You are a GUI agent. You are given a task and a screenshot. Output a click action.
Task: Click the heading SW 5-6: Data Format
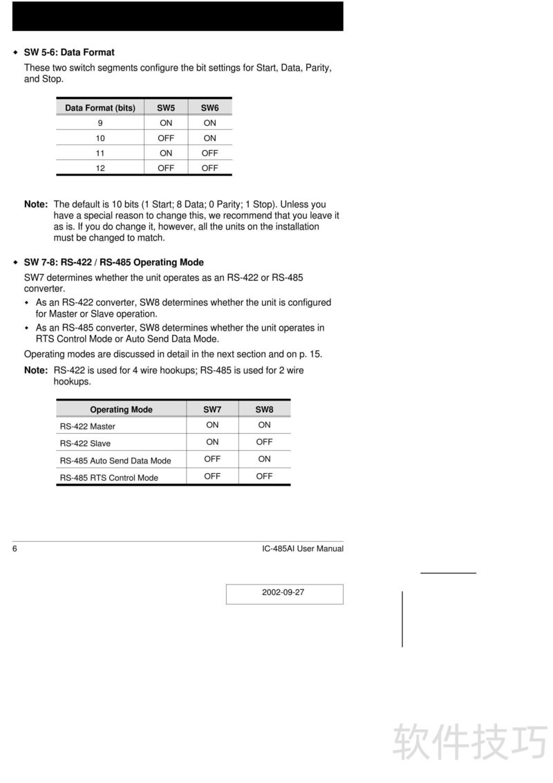pos(69,53)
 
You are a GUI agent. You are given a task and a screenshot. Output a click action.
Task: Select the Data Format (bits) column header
pos(100,108)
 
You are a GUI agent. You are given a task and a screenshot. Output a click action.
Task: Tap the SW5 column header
pos(166,108)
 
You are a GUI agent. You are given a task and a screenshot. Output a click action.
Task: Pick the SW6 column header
pos(210,108)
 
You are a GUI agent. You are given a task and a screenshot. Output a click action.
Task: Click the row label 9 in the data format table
pos(100,123)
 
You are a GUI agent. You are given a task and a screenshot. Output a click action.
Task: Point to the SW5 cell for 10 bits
pos(166,138)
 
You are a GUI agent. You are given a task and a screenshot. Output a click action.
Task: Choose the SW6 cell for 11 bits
pos(210,153)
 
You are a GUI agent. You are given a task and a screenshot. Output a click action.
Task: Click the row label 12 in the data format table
pos(100,168)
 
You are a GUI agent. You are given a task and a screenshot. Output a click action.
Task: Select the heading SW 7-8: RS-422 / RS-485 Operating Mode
pos(113,263)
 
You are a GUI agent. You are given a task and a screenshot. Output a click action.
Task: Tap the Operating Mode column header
pos(121,409)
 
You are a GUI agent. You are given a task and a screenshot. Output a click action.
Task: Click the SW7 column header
pos(212,409)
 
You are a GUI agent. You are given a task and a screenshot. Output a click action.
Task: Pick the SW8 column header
pos(264,409)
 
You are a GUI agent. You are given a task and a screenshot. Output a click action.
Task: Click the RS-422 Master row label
pos(88,427)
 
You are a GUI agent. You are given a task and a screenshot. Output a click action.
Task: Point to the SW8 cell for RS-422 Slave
pos(264,442)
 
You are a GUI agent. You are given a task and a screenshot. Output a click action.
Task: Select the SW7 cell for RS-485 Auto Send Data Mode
pos(212,459)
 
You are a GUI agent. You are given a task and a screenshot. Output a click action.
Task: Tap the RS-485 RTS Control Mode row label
pos(109,478)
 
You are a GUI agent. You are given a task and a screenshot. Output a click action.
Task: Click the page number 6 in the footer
pos(15,549)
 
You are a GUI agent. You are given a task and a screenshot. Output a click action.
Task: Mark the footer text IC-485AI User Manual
pos(303,549)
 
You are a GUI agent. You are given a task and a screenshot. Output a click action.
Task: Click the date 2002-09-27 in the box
pos(283,593)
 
